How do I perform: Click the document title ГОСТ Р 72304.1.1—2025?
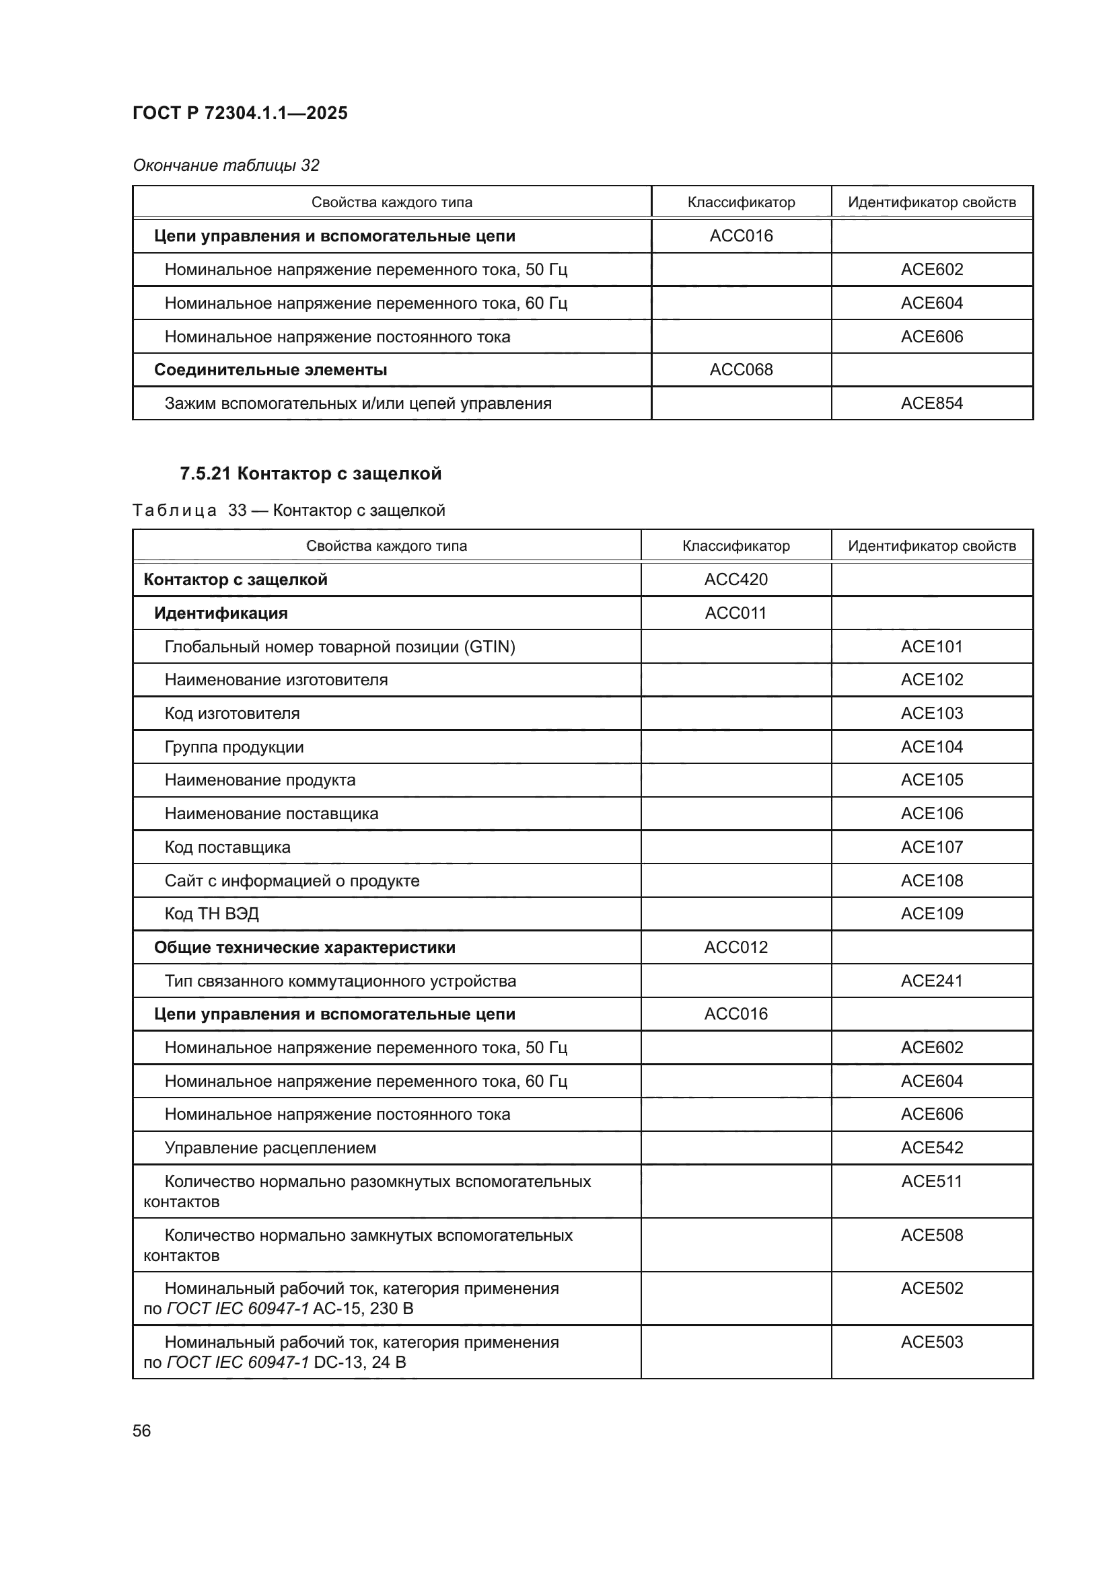coord(240,113)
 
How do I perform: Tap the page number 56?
coord(141,1430)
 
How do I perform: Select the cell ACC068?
coord(741,370)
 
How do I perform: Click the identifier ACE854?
coord(931,404)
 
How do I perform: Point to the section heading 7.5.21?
coord(310,473)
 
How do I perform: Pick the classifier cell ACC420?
coord(735,580)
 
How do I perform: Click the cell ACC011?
coord(735,613)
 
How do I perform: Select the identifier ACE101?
coord(931,647)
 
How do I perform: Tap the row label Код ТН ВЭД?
coord(212,914)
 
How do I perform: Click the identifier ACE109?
coord(931,914)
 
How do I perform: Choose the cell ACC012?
coord(735,948)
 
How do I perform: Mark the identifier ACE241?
coord(931,981)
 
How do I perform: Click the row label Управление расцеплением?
coord(270,1148)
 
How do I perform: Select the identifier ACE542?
coord(931,1148)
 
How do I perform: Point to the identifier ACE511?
coord(931,1182)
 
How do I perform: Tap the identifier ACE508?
coord(931,1235)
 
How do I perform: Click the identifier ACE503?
coord(931,1342)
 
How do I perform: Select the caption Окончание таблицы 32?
coord(225,165)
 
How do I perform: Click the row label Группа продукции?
coord(234,746)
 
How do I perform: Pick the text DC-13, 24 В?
coord(359,1363)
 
